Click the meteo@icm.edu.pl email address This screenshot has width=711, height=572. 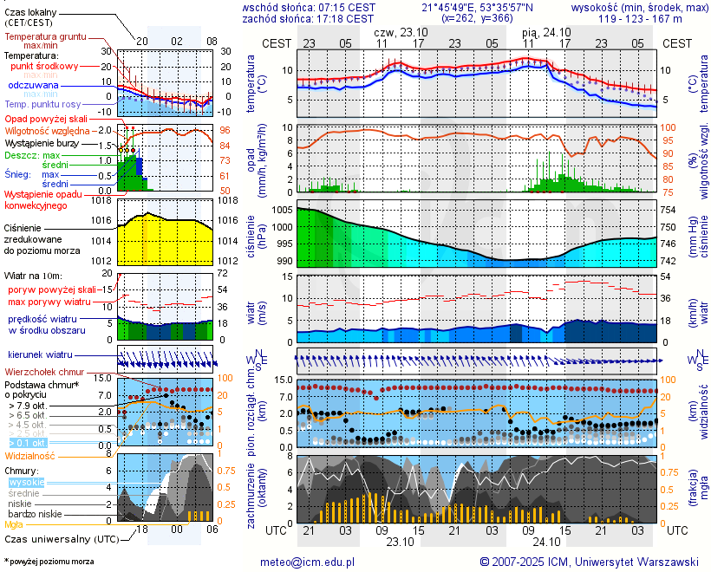tap(308, 562)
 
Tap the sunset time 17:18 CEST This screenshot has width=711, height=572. tap(347, 18)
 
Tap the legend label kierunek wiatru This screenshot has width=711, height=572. tap(40, 355)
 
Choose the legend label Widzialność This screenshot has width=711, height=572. tap(29, 455)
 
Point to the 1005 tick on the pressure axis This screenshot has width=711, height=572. tap(282, 210)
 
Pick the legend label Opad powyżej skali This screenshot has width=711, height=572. tap(46, 118)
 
